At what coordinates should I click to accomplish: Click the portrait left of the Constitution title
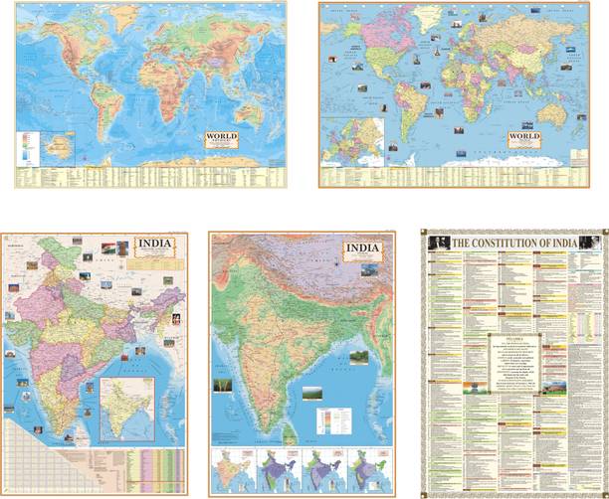pyautogui.click(x=435, y=242)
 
